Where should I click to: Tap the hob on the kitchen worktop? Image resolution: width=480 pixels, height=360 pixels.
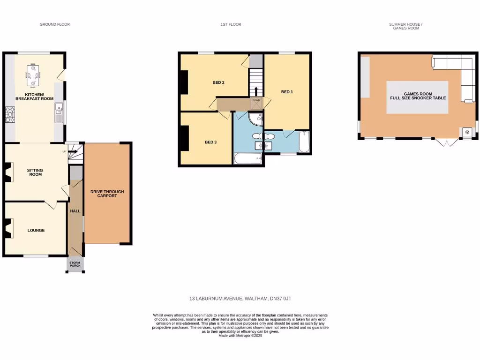[x=10, y=115]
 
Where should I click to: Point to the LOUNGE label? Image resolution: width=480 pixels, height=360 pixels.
[x=36, y=230]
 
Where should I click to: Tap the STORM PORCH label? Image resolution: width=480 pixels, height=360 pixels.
[x=75, y=264]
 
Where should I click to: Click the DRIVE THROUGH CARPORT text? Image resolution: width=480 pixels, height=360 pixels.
[x=107, y=193]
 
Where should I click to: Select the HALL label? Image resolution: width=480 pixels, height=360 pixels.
[x=75, y=211]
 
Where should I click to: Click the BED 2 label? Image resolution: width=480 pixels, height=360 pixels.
[x=218, y=82]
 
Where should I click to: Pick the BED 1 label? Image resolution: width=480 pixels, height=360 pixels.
[x=287, y=92]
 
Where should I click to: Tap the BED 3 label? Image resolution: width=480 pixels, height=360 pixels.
[x=210, y=142]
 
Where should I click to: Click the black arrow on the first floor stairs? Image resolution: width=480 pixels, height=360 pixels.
[x=256, y=90]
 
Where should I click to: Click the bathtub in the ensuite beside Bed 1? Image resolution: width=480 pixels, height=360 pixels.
[x=304, y=142]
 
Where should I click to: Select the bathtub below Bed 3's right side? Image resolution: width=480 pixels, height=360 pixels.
[x=248, y=159]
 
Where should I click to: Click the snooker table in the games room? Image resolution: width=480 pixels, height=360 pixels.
[x=417, y=97]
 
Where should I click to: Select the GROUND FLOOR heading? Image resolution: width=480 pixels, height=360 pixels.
[x=55, y=24]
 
